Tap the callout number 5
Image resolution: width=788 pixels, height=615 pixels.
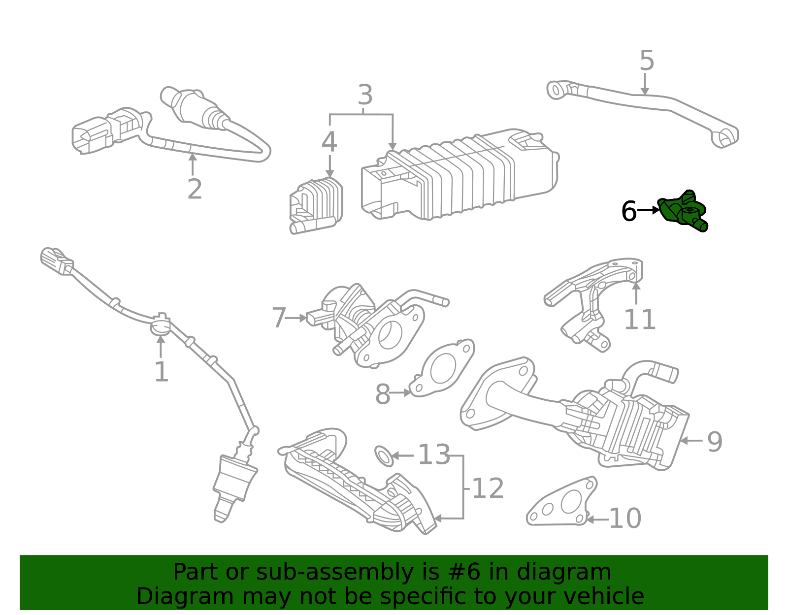tap(646, 61)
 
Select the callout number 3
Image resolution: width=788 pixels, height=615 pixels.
tap(364, 95)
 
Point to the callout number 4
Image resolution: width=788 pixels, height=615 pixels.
tap(329, 143)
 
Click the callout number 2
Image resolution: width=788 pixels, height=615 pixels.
tap(195, 190)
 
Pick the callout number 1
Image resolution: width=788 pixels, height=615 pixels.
tap(161, 372)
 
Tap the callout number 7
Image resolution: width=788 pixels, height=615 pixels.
tap(279, 318)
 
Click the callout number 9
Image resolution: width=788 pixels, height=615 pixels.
tap(715, 442)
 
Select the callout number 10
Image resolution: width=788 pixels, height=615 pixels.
tap(625, 519)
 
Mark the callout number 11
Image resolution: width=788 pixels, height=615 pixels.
tap(639, 320)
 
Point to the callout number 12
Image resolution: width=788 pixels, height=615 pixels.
tap(488, 488)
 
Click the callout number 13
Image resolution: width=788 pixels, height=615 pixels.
tap(434, 455)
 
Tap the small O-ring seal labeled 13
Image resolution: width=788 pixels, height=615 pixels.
tap(384, 455)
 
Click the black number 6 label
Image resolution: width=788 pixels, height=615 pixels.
tap(629, 212)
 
